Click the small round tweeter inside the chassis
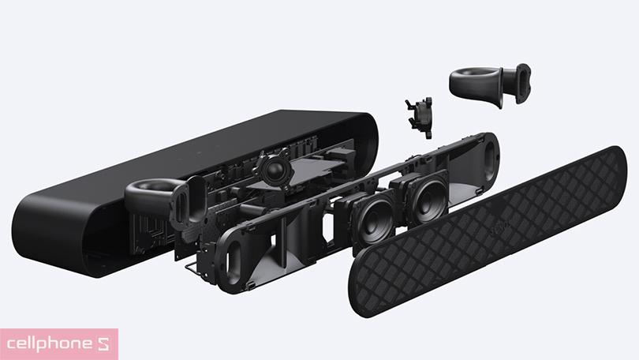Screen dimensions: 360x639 [x=274, y=167]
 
